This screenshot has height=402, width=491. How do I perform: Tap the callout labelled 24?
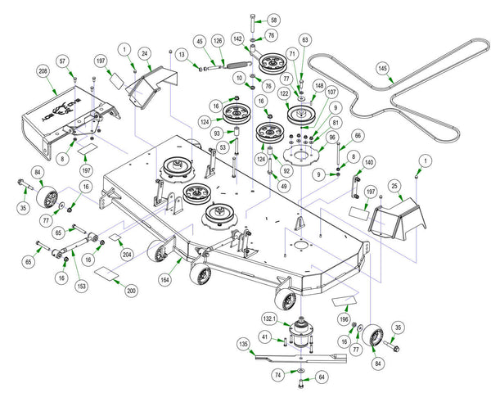coord(144,54)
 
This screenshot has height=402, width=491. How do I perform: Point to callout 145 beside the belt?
coord(382,69)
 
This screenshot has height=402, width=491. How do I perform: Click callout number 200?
coord(132,291)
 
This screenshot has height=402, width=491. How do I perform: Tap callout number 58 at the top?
coord(273,20)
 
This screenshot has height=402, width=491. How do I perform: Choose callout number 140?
coord(369,163)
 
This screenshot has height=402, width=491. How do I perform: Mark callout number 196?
coord(345,319)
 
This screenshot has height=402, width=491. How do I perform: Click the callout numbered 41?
coord(264,337)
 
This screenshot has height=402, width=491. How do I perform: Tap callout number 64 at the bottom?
coord(322,377)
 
